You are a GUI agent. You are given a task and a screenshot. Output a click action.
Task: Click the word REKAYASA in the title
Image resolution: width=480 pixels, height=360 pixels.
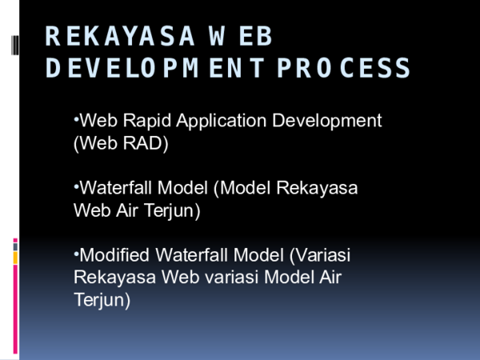click(x=120, y=37)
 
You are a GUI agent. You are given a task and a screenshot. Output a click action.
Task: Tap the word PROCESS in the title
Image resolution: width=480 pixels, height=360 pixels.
click(x=344, y=68)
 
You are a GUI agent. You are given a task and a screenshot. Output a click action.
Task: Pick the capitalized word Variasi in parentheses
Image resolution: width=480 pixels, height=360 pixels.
click(x=322, y=256)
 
